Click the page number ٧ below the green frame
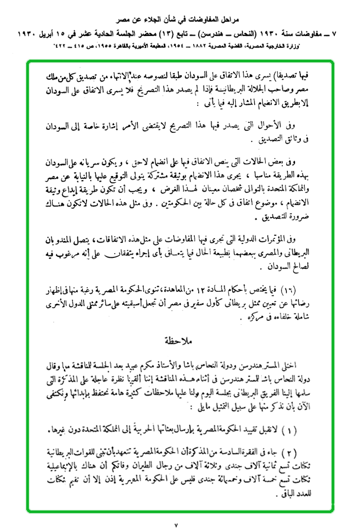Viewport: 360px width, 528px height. (176, 521)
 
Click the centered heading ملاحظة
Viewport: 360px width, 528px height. (179, 341)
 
